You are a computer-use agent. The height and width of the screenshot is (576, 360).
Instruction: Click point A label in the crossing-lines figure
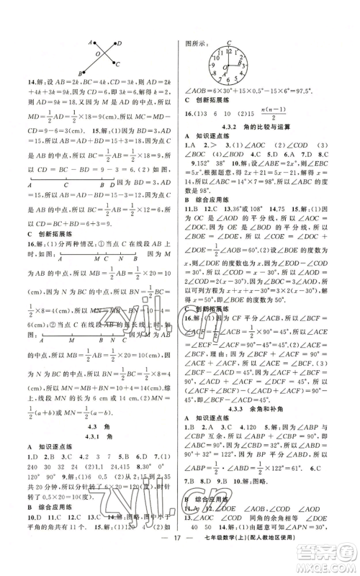pyautogui.click(x=91, y=40)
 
